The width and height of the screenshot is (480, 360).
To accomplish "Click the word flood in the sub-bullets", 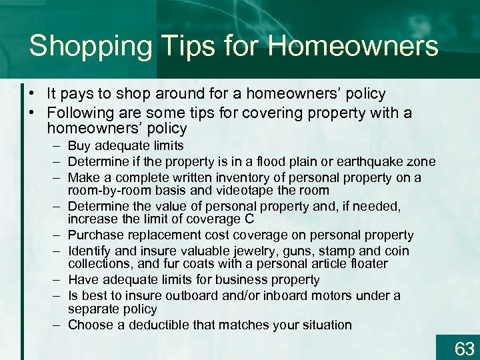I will point(261,161).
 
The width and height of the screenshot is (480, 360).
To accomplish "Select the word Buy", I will point(79,146).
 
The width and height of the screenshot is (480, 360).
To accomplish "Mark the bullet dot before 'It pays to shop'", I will point(31,95).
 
